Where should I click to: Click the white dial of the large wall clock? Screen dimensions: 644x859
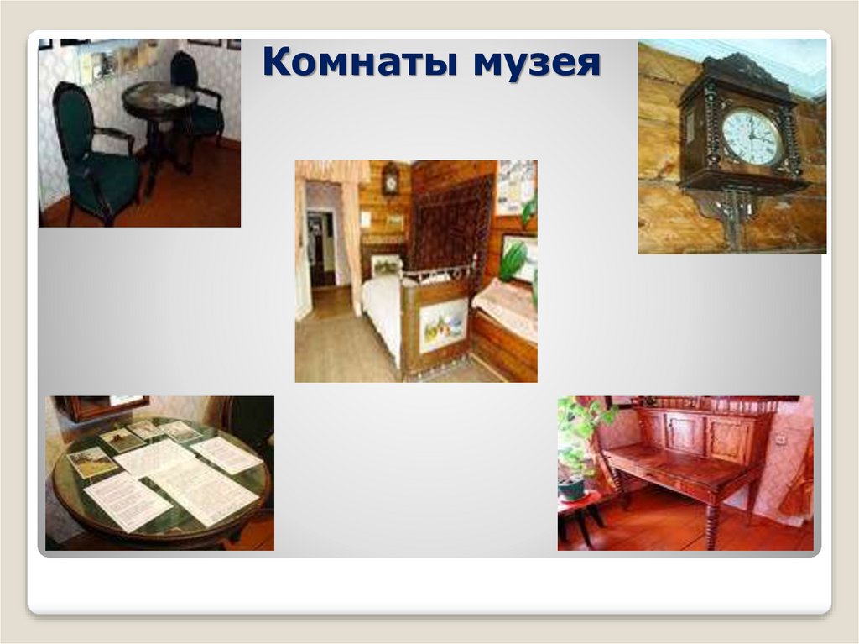[x=752, y=137]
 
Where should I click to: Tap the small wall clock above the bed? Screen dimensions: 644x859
[x=390, y=178]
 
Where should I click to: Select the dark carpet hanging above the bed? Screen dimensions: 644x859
[x=453, y=223]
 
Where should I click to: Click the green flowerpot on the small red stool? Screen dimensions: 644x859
[x=572, y=486]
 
